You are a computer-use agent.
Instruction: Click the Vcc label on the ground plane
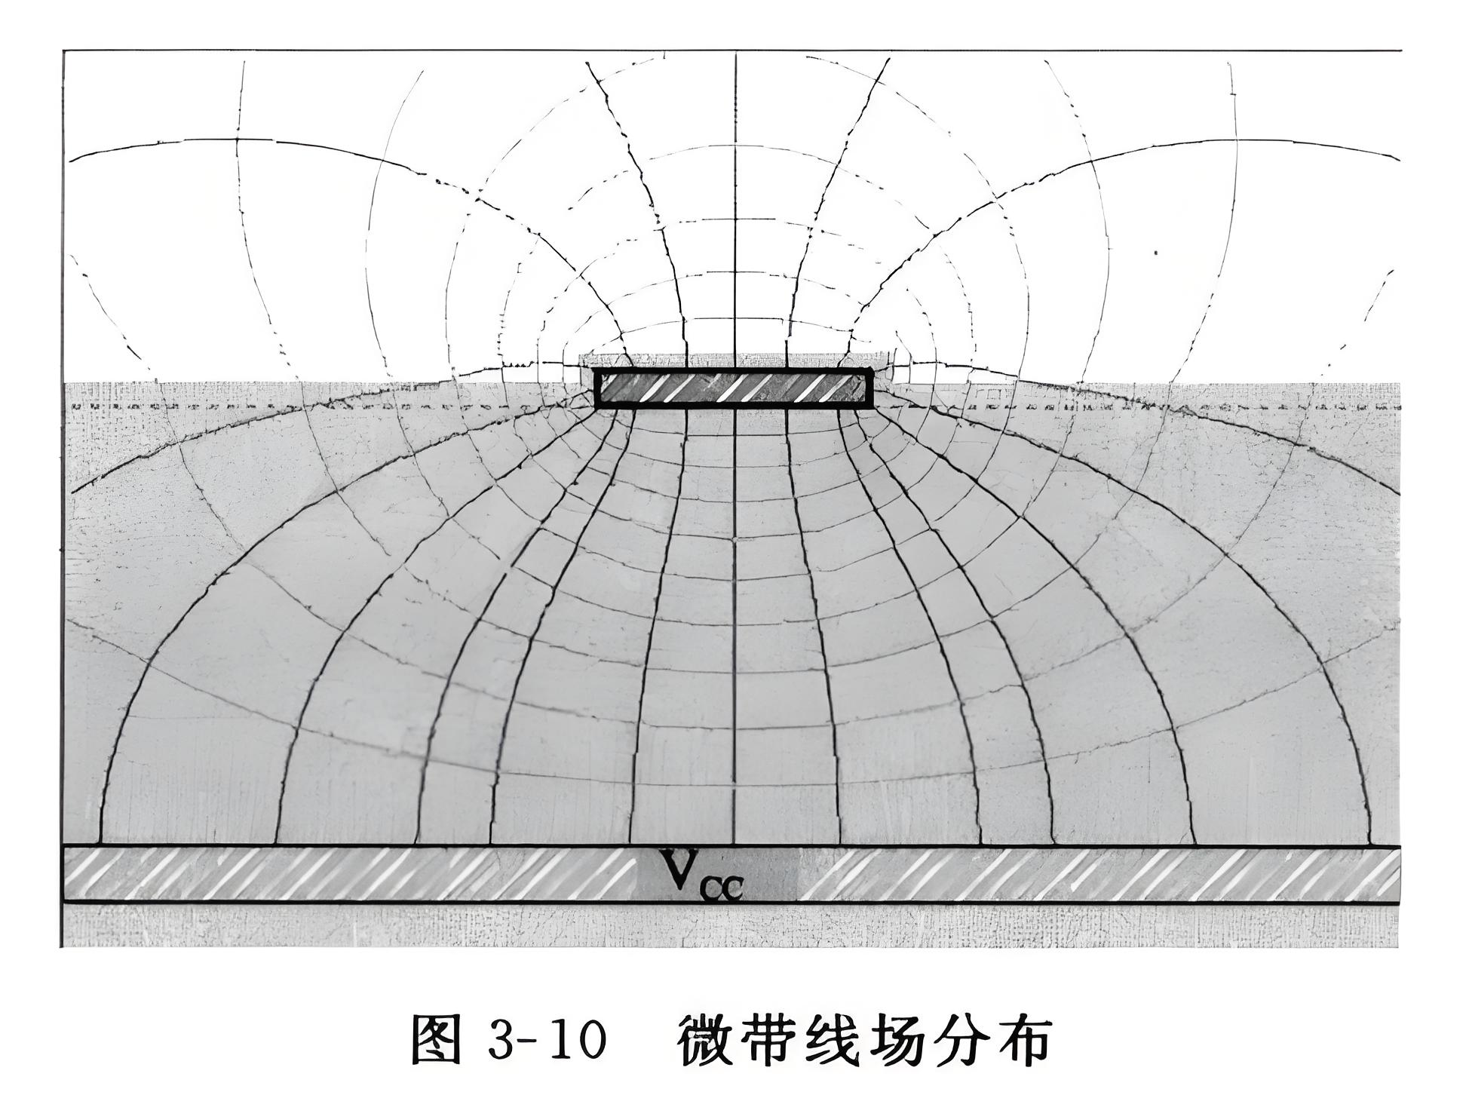point(701,875)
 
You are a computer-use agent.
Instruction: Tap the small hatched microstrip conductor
point(734,388)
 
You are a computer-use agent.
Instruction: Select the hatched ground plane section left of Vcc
point(347,875)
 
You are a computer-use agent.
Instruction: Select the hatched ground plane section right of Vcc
point(1093,875)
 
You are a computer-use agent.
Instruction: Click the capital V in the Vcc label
point(682,869)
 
